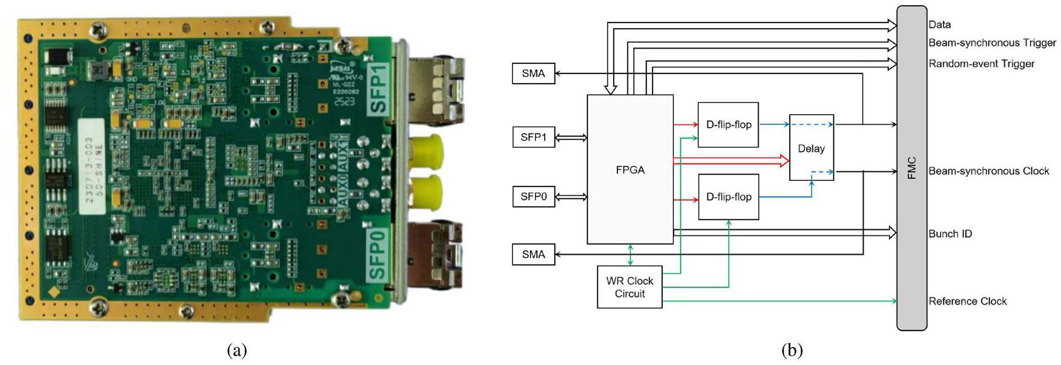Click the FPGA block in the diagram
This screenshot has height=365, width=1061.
point(630,170)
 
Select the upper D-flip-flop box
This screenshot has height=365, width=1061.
point(728,125)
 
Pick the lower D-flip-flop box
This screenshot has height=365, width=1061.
point(728,197)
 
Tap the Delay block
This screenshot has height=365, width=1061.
point(811,149)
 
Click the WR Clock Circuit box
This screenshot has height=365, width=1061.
point(629,287)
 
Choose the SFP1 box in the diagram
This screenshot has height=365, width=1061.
point(533,137)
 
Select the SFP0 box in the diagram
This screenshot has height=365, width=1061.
point(533,197)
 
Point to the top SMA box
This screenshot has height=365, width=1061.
point(533,73)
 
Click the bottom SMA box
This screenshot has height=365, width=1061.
point(533,255)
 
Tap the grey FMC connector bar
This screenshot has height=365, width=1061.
point(911,168)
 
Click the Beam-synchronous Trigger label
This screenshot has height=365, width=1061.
point(992,43)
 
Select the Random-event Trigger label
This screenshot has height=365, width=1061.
point(981,64)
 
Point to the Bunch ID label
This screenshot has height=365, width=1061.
point(950,234)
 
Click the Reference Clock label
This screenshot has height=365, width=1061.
point(967,302)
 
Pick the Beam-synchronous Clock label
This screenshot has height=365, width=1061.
point(989,171)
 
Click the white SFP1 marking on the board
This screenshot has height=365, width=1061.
point(377,90)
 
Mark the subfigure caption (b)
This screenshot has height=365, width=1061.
point(792,350)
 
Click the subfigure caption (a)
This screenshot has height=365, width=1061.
point(237,350)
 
